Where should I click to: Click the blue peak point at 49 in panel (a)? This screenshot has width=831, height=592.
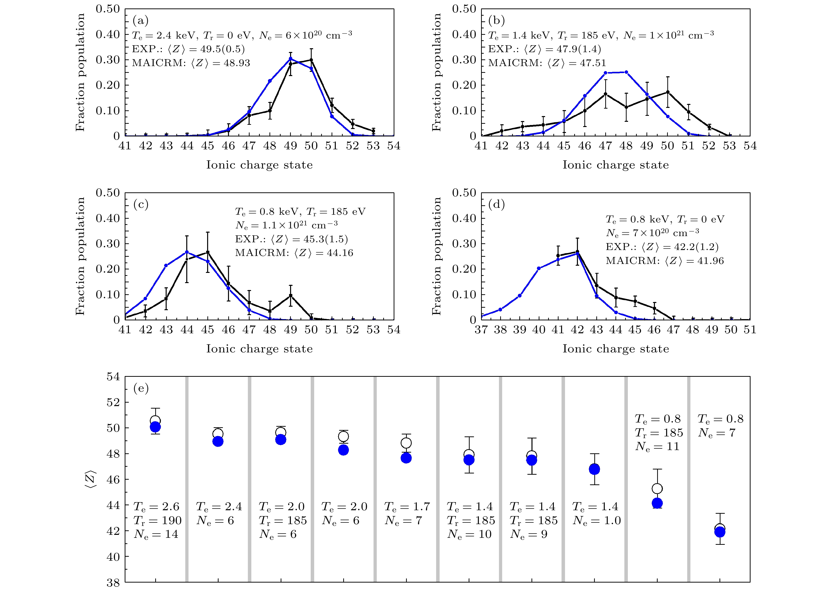[290, 58]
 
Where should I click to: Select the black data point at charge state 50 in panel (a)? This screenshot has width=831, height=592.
[311, 60]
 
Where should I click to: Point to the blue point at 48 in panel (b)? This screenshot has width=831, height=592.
[626, 72]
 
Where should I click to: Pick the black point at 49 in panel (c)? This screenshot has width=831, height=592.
[290, 295]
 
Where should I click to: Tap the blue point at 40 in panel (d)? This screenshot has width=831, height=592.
[539, 268]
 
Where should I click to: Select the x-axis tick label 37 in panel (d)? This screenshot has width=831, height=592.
[481, 330]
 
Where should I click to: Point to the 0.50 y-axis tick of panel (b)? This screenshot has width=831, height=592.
[464, 9]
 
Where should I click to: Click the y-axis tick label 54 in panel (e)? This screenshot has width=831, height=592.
[113, 377]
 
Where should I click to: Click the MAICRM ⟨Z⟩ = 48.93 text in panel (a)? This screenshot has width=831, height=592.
[191, 63]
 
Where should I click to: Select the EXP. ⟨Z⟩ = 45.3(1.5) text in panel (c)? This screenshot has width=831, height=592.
[292, 239]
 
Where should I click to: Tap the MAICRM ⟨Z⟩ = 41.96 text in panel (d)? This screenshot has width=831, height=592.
[665, 261]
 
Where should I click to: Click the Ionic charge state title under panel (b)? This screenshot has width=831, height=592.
[616, 165]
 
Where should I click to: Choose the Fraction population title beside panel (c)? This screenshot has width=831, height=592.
[80, 256]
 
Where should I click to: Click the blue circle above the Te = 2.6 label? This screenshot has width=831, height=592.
[155, 427]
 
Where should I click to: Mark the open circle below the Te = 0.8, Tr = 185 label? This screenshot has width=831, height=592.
[657, 488]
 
